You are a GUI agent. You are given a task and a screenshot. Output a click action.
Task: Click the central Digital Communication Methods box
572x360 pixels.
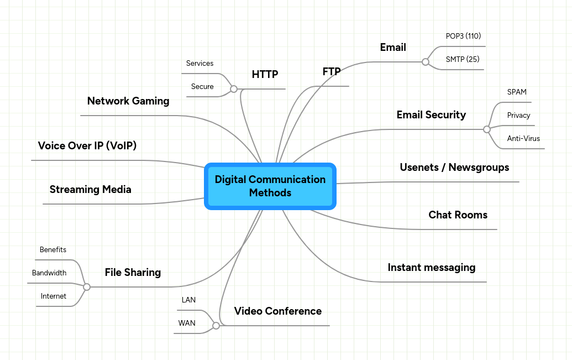tap(270, 186)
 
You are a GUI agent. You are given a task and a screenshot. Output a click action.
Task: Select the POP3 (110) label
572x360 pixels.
tap(463, 36)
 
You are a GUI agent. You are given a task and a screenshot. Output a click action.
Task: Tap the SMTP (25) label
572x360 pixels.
tap(463, 59)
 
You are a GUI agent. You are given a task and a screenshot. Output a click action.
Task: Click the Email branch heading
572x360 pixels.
tap(393, 48)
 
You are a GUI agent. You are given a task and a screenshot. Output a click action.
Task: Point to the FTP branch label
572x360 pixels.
tap(331, 72)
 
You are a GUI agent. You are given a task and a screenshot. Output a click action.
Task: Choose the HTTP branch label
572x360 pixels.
tap(265, 75)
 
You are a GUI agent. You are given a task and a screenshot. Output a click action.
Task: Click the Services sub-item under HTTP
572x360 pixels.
tap(200, 64)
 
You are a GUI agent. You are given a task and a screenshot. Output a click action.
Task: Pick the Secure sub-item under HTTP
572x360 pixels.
tap(202, 87)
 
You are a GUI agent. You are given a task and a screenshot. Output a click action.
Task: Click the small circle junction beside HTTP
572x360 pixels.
tap(234, 89)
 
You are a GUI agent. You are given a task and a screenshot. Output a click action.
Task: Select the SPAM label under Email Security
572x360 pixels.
tap(517, 92)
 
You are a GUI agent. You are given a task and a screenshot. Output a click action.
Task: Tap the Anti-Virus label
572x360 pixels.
tap(523, 139)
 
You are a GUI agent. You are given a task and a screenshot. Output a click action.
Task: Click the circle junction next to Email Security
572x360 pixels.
tap(486, 129)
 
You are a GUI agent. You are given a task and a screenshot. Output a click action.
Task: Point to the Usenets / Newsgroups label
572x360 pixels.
tap(454, 168)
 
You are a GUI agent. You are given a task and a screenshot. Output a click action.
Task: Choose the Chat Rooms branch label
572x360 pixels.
tap(458, 215)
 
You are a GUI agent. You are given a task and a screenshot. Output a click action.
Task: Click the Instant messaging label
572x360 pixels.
tap(431, 268)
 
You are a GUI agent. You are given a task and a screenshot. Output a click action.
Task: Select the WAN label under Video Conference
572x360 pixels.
tap(187, 324)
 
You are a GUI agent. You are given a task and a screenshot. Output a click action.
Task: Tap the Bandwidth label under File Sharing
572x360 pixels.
tap(49, 273)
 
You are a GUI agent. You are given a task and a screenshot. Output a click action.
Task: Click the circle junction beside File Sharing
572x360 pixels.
tap(86, 287)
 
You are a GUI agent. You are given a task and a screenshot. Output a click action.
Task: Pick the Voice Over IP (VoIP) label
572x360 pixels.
tap(87, 146)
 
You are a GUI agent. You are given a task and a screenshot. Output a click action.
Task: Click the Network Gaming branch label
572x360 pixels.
tap(128, 101)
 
